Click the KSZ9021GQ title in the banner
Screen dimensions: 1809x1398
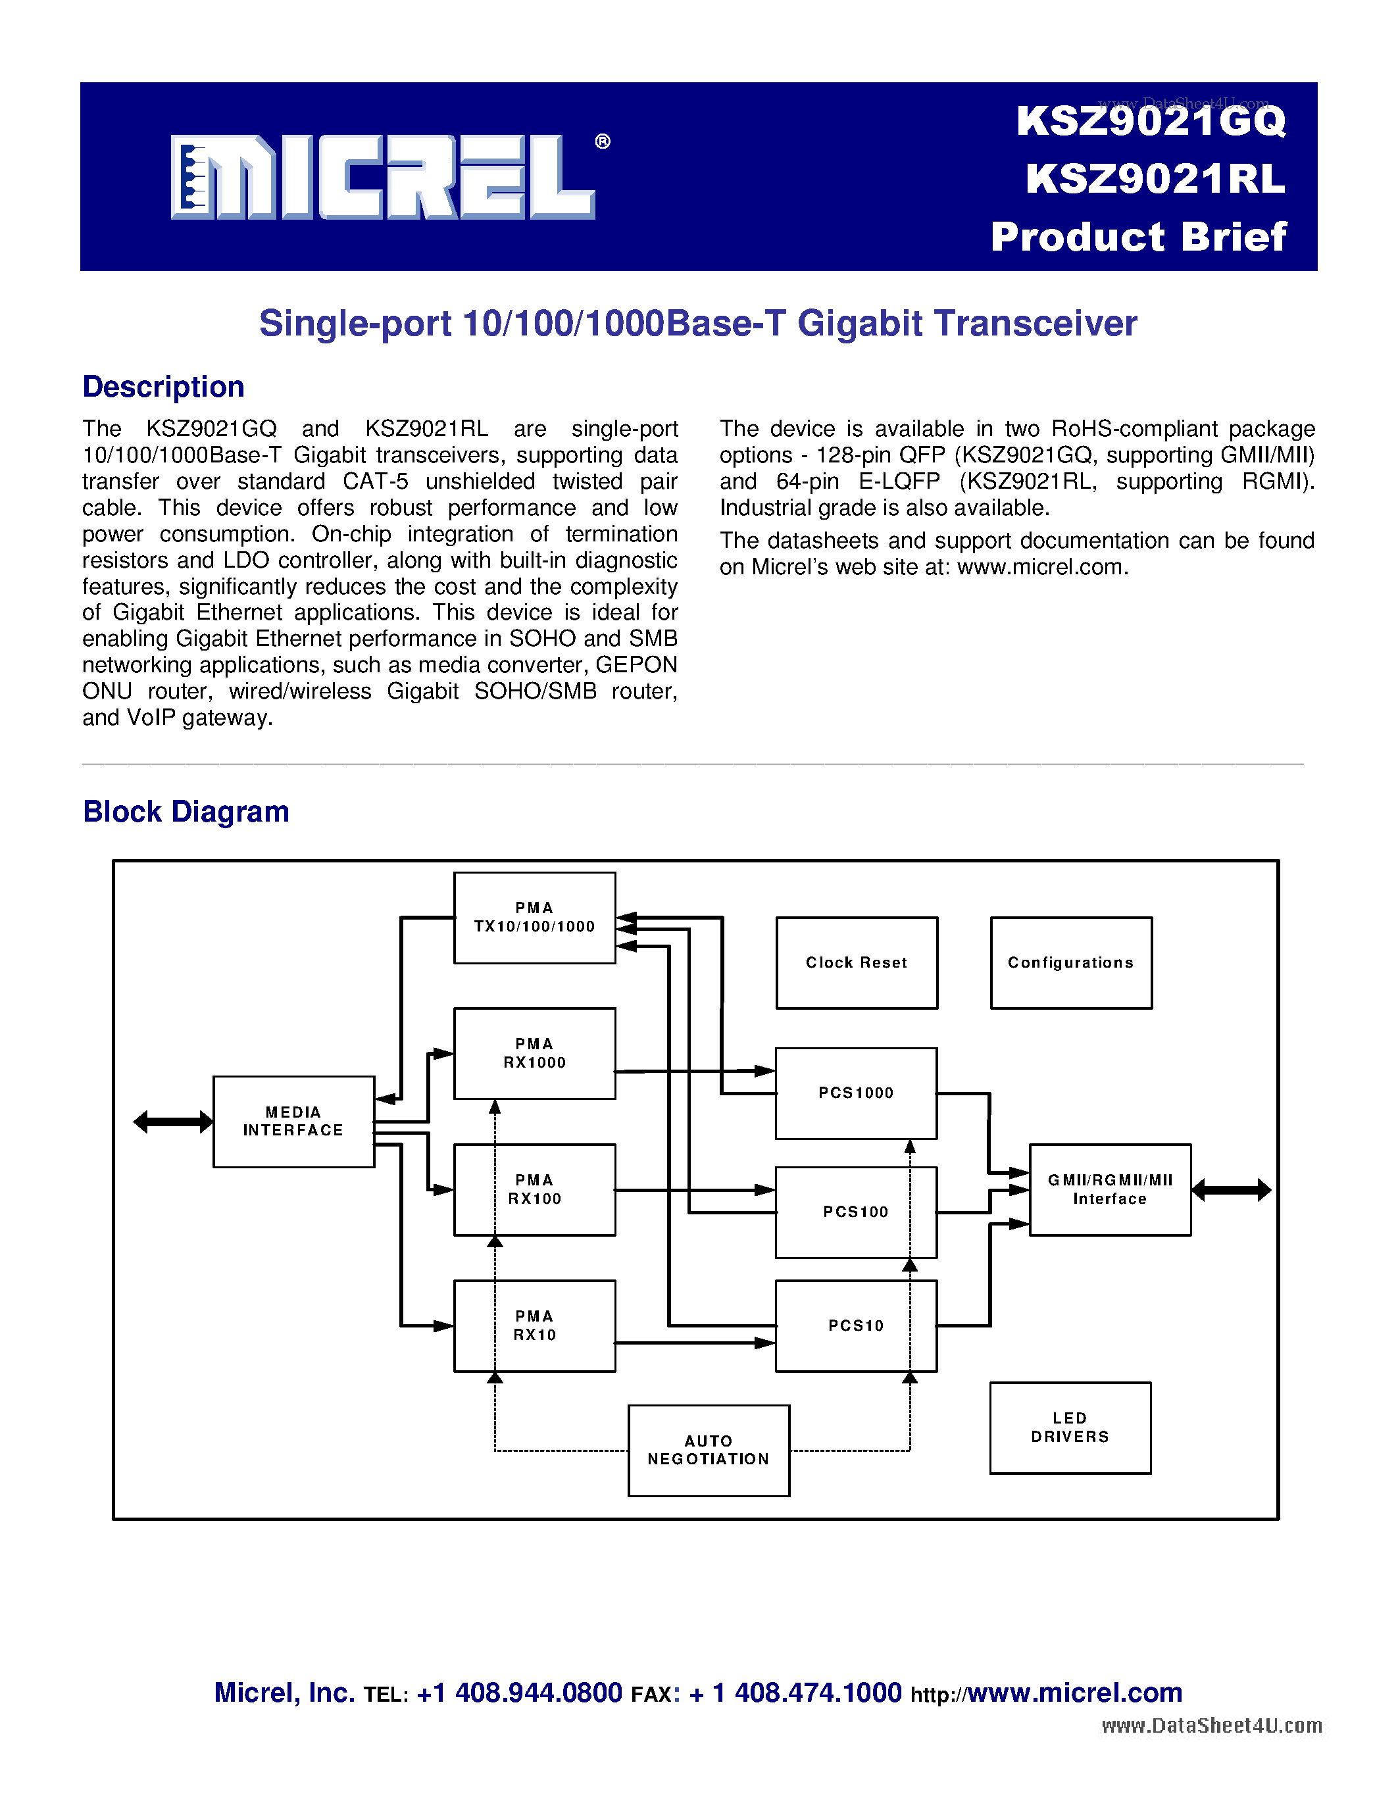click(x=1151, y=122)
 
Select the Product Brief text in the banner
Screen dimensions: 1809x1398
click(x=1139, y=237)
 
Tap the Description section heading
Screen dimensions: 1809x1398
click(x=163, y=387)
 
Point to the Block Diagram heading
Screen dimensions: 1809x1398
click(x=186, y=812)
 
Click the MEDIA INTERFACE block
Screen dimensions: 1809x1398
click(x=293, y=1122)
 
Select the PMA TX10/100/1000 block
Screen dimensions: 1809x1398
click(x=534, y=918)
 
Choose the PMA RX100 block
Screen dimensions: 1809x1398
click(x=534, y=1189)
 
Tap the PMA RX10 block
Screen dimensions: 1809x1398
click(x=534, y=1326)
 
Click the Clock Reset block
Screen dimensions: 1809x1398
click(x=857, y=962)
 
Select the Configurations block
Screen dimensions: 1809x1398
click(x=1071, y=962)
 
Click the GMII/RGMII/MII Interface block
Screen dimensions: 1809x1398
click(x=1110, y=1189)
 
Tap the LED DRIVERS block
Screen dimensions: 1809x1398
click(x=1070, y=1428)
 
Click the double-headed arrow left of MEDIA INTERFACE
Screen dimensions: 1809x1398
click(x=172, y=1122)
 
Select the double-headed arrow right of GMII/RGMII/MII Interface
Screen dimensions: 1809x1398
click(x=1231, y=1190)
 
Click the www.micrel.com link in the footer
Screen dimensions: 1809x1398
click(x=1074, y=1693)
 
